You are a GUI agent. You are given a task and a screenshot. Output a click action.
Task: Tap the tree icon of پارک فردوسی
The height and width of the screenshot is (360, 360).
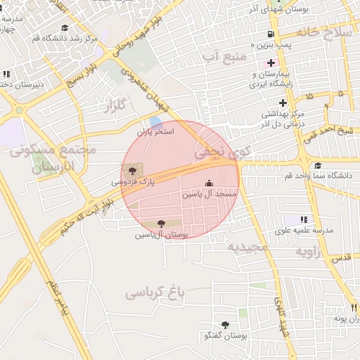click(x=131, y=171)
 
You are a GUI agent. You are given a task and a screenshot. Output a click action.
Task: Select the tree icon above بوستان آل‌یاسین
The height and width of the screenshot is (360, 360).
click(x=161, y=224)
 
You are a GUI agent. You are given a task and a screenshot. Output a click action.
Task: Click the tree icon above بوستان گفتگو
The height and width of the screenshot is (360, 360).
click(x=225, y=324)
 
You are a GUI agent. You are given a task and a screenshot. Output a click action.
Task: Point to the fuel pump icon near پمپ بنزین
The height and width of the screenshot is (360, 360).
click(x=270, y=34)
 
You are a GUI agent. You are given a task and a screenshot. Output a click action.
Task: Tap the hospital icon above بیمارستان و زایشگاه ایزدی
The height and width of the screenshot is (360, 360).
click(x=270, y=63)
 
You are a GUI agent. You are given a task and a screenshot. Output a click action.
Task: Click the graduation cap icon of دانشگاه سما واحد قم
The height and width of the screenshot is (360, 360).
click(x=318, y=165)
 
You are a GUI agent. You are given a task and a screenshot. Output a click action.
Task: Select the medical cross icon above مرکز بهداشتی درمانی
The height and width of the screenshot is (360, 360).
click(x=282, y=103)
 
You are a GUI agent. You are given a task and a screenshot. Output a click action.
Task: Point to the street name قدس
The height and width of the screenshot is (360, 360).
click(x=341, y=258)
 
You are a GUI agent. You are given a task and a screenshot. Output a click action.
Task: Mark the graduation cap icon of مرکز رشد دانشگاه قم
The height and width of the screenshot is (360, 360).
click(x=65, y=27)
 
